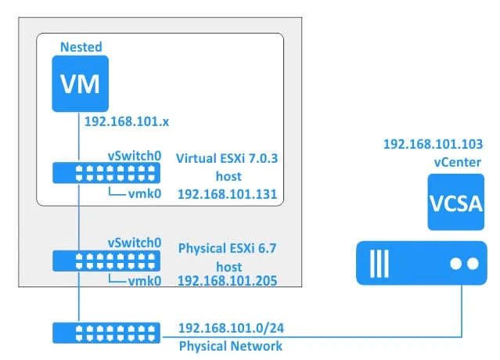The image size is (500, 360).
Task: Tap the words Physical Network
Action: [220, 344]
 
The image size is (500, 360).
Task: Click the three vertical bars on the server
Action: [380, 264]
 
